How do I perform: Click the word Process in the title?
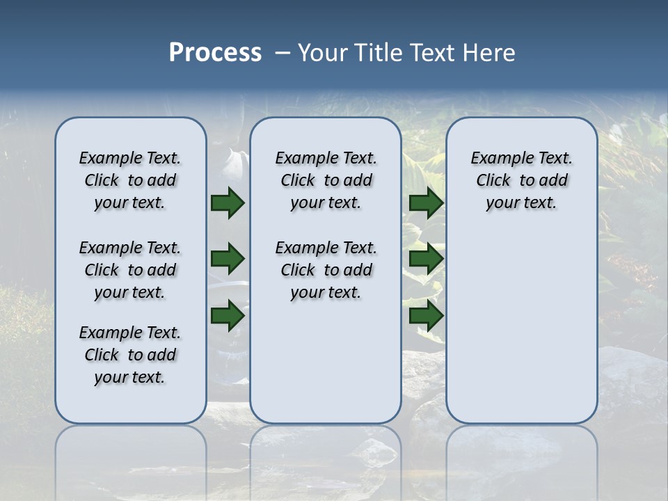(x=215, y=52)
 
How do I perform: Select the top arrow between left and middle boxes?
(x=228, y=203)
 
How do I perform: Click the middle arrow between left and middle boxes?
(x=228, y=259)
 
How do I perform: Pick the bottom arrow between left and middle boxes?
(x=228, y=315)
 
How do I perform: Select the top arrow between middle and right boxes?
(x=426, y=203)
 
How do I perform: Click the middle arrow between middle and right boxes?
(x=426, y=259)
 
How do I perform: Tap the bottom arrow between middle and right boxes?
(x=426, y=315)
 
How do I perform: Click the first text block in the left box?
(x=130, y=180)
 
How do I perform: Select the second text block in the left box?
(x=130, y=270)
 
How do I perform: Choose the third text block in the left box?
(x=130, y=355)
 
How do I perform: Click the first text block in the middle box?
(x=326, y=180)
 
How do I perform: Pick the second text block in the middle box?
(x=326, y=270)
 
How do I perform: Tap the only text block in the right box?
(x=521, y=180)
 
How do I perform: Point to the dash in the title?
(x=283, y=53)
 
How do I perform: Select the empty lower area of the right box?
(x=521, y=327)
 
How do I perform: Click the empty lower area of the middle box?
(x=326, y=362)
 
